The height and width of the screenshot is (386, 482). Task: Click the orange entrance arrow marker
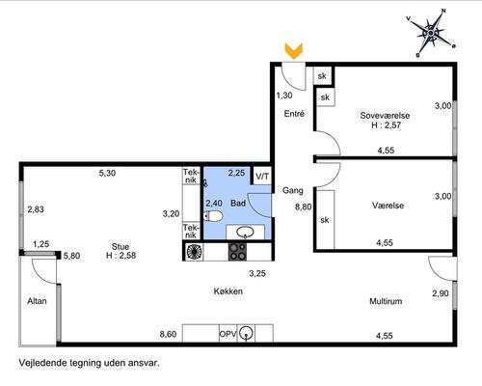pyautogui.click(x=294, y=51)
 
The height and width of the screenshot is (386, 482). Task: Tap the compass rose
pyautogui.click(x=431, y=33)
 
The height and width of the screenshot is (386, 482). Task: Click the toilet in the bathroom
pyautogui.click(x=213, y=216)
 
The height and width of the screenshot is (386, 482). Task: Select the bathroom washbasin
pyautogui.click(x=245, y=232)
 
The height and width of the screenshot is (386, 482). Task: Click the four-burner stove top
pyautogui.click(x=237, y=252)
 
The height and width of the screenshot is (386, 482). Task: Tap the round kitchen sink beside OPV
pyautogui.click(x=246, y=333)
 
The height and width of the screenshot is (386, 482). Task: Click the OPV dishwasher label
pyautogui.click(x=228, y=334)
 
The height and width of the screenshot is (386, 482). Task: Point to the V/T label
pyautogui.click(x=262, y=177)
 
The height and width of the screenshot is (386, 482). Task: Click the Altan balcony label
pyautogui.click(x=37, y=301)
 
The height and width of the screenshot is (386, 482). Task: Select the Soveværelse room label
pyautogui.click(x=385, y=115)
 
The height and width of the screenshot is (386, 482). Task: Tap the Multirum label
pyautogui.click(x=386, y=301)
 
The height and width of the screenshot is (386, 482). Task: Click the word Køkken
pyautogui.click(x=228, y=291)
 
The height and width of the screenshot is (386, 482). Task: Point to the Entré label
pyautogui.click(x=294, y=114)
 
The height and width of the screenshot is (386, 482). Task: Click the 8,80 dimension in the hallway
pyautogui.click(x=304, y=207)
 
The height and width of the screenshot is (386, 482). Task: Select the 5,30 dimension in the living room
pyautogui.click(x=107, y=173)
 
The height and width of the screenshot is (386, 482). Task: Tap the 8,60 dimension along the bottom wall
pyautogui.click(x=168, y=335)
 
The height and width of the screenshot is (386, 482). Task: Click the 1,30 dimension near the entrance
pyautogui.click(x=284, y=96)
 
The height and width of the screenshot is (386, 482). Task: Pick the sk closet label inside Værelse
pyautogui.click(x=325, y=220)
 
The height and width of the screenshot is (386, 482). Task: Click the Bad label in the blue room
pyautogui.click(x=238, y=204)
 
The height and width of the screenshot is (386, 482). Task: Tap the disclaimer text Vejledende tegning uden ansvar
pyautogui.click(x=90, y=363)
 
